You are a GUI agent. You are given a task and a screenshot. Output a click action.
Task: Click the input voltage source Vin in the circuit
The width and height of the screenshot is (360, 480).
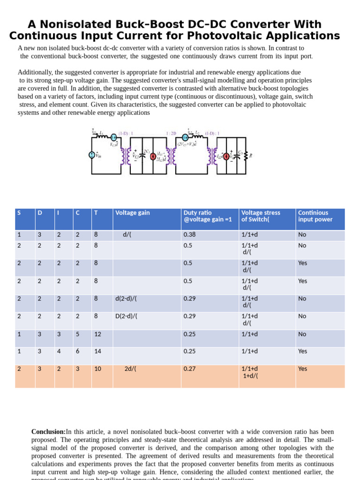point(92,155)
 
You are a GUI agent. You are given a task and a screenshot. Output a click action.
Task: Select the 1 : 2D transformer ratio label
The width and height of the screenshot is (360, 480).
point(171,133)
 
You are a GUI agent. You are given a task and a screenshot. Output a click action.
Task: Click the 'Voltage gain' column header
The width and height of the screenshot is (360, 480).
point(133,213)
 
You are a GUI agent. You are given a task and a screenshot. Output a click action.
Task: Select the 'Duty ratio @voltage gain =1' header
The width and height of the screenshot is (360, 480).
point(208,216)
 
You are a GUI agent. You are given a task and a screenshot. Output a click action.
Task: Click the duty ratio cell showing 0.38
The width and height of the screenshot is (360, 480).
point(189,235)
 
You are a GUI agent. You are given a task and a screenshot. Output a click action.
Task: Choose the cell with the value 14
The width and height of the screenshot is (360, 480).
point(97,351)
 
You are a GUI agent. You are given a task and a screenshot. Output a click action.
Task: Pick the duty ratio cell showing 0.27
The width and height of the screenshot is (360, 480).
point(189,369)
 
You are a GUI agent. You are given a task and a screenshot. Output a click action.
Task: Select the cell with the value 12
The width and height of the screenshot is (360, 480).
point(97,334)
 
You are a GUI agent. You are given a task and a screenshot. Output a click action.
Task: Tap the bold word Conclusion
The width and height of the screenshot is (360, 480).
point(48,432)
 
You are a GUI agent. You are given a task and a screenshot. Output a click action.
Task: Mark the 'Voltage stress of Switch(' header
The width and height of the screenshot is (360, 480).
point(261,216)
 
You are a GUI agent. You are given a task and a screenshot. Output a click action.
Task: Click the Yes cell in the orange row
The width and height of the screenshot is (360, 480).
point(303,369)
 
